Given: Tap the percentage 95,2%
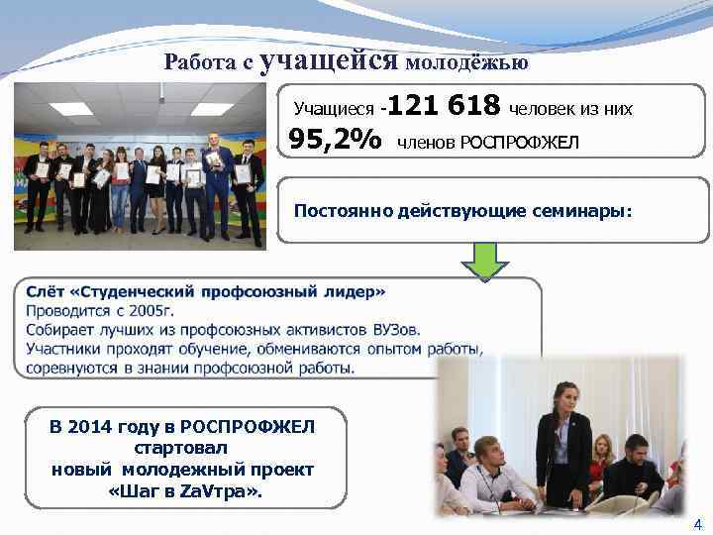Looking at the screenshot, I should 335,141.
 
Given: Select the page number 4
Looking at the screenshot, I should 697,524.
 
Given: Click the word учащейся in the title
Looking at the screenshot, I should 330,61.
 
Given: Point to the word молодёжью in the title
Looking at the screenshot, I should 465,63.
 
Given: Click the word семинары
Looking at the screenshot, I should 574,210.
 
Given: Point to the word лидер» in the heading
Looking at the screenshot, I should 358,293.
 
